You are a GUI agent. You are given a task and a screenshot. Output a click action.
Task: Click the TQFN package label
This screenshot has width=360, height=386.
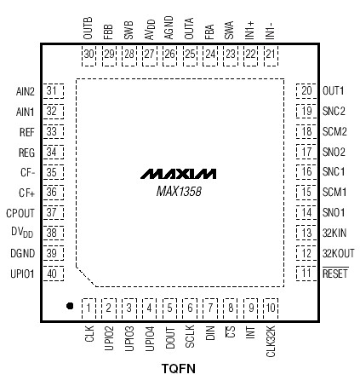[179, 369]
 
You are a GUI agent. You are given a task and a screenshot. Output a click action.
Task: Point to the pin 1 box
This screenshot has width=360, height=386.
[89, 307]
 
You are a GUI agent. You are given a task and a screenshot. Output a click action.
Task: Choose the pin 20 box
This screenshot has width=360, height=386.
[306, 91]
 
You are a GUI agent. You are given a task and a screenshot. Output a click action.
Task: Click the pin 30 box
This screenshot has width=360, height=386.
[89, 55]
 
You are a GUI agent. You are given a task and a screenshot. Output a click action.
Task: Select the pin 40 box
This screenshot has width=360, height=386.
[53, 274]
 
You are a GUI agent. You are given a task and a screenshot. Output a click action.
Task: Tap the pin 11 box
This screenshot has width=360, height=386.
[306, 274]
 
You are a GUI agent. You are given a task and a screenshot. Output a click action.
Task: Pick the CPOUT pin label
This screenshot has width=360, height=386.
[20, 213]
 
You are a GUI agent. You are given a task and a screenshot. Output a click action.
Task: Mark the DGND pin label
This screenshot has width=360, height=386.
[22, 254]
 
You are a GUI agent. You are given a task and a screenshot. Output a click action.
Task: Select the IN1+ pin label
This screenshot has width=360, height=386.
[250, 32]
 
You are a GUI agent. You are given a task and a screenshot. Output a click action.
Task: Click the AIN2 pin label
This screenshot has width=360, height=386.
[25, 91]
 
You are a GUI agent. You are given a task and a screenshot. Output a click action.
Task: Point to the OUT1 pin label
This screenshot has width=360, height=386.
[333, 91]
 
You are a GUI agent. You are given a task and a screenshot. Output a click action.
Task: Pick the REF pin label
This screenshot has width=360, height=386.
[26, 132]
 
